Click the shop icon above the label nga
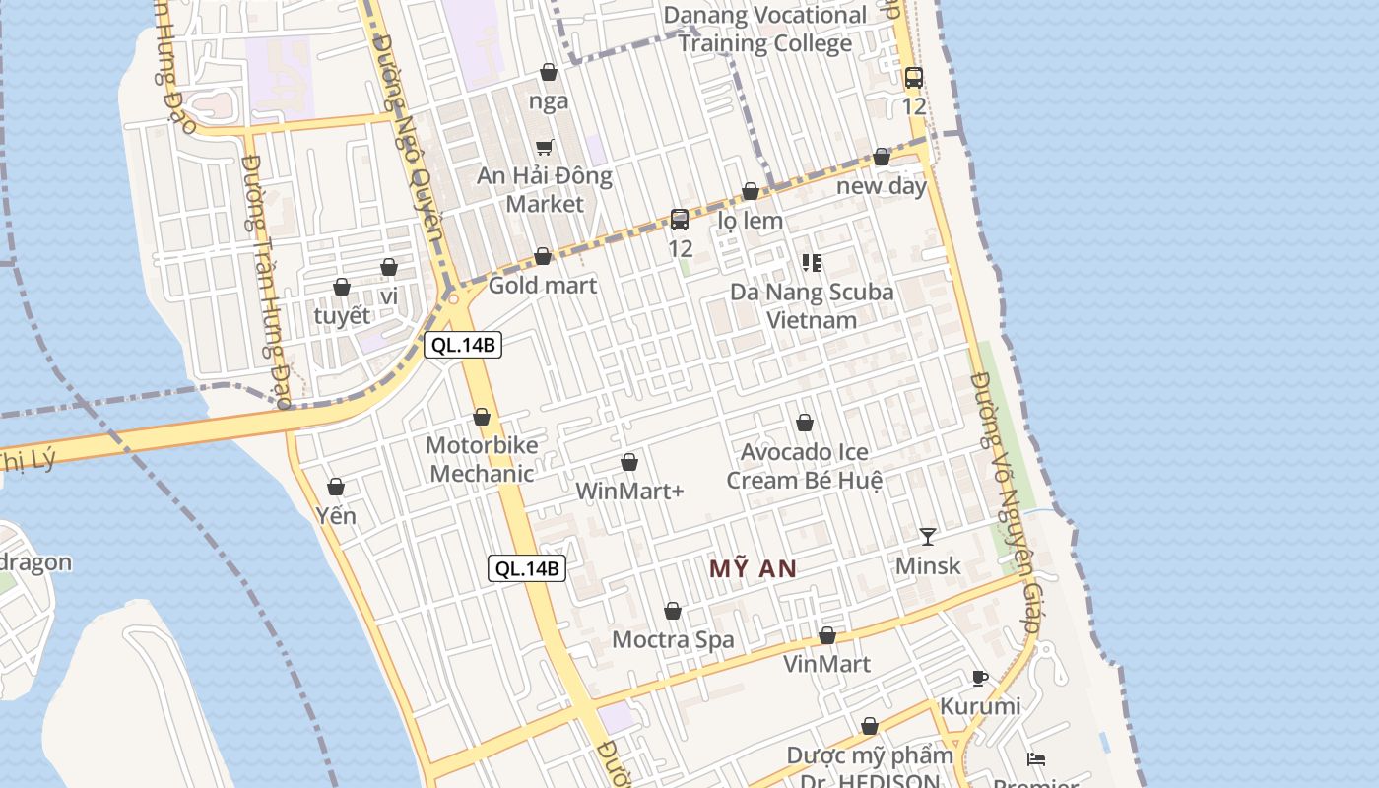[x=549, y=72]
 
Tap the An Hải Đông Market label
[x=545, y=190]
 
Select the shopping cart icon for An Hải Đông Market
[x=545, y=147]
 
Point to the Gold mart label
[x=543, y=286]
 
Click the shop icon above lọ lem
[x=751, y=191]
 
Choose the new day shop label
[x=882, y=186]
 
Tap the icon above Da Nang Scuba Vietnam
[x=812, y=262]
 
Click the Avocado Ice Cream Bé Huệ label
[x=805, y=466]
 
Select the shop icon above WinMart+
[x=629, y=462]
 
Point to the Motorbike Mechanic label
[x=482, y=459]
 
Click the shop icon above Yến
[x=336, y=487]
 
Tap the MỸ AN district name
[x=753, y=569]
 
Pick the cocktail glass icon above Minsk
[x=928, y=537]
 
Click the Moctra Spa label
[x=673, y=640]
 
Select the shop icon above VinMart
[x=827, y=635]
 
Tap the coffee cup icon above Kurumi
[x=980, y=678]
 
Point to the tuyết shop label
[x=342, y=316]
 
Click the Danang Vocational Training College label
[x=764, y=30]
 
